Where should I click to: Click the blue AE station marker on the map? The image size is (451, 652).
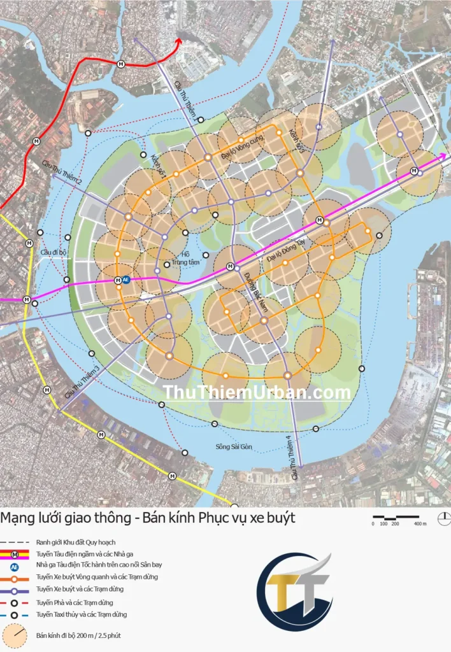pos(126,280)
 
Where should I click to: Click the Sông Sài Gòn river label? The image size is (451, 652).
pos(234,447)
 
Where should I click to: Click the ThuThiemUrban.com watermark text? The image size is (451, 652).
pos(257,393)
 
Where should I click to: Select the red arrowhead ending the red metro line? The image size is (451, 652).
pos(179,43)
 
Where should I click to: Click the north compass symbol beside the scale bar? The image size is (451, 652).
pos(444,519)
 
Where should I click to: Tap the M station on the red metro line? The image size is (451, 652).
pos(121,63)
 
